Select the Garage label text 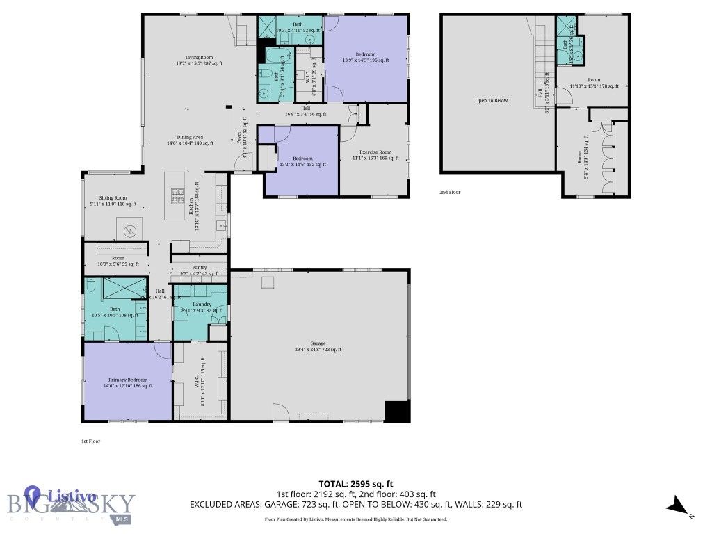click(x=318, y=346)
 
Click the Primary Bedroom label click(x=128, y=382)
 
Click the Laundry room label click(x=200, y=307)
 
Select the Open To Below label click(x=491, y=101)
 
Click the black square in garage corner click(x=397, y=411)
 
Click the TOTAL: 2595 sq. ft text click(x=356, y=484)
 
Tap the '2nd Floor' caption click(x=449, y=192)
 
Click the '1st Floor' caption click(x=90, y=441)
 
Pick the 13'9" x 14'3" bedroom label click(x=366, y=58)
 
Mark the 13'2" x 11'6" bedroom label click(x=302, y=161)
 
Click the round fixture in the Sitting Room click(x=129, y=232)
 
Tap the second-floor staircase click(x=542, y=63)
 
